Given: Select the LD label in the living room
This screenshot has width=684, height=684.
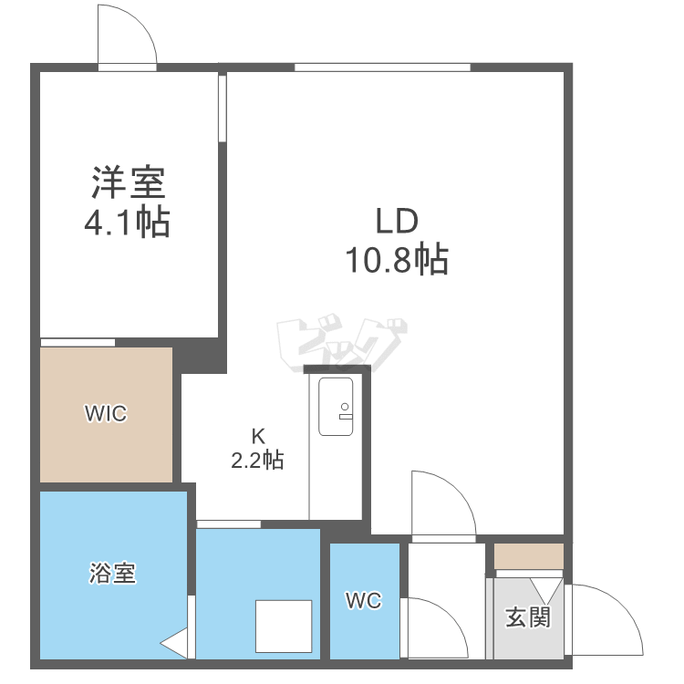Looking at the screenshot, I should tap(396, 222).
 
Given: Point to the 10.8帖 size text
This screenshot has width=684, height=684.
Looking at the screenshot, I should tap(396, 262).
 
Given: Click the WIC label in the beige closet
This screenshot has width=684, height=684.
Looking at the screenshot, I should tap(106, 414).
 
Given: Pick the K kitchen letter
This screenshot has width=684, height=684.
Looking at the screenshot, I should tap(257, 434).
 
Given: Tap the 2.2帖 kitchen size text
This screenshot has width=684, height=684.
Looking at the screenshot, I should tap(257, 460).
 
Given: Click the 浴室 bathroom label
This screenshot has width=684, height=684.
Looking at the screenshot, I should tap(112, 574).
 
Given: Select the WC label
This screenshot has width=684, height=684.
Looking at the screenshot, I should tap(364, 601).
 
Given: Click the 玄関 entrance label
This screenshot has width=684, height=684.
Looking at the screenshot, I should tap(528, 617).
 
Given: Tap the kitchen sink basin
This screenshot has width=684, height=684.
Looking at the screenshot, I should tap(337, 406).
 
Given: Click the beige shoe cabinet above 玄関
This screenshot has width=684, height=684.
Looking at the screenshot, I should tap(529, 555).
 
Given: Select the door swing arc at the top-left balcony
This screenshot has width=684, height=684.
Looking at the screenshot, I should tap(128, 36).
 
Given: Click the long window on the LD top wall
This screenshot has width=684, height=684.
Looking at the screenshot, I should tap(382, 67).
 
